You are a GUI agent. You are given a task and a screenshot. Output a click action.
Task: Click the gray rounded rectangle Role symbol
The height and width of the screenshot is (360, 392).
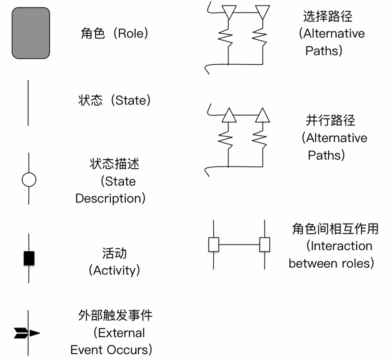coord(31,33)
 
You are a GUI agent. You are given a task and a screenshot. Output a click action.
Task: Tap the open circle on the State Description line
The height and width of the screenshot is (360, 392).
coord(29,179)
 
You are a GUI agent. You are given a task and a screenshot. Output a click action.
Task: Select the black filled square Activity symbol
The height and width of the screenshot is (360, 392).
coord(29,258)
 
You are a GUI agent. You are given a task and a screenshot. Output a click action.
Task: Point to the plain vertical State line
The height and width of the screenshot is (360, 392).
coord(28,103)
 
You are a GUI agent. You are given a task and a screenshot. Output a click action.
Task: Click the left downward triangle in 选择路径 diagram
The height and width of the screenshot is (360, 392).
coord(229,12)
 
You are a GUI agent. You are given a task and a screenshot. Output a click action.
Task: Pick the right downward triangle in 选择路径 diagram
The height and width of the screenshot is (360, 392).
coord(262,12)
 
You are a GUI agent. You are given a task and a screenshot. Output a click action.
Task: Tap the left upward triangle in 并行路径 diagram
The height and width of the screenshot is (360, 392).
coord(229,115)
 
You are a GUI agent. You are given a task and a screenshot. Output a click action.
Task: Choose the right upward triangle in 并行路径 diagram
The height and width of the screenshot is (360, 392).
coord(262,115)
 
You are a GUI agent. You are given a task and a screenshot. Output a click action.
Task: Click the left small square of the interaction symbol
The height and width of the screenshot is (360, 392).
coord(213,245)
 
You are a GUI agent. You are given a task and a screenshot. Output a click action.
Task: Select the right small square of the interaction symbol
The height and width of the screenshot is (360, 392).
coord(264,245)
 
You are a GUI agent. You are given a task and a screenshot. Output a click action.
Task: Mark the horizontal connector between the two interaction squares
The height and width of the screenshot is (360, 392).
coord(239,245)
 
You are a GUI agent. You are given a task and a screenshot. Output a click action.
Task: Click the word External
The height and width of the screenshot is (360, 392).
coord(121,333)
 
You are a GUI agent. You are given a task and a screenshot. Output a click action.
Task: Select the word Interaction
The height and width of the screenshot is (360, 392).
coord(341,246)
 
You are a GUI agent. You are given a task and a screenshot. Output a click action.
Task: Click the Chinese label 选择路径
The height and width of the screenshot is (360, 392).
coord(328,16)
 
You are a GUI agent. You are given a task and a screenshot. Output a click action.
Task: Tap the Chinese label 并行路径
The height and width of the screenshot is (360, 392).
coord(330,120)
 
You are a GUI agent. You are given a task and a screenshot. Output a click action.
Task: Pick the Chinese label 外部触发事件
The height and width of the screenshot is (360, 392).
coord(115,315)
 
